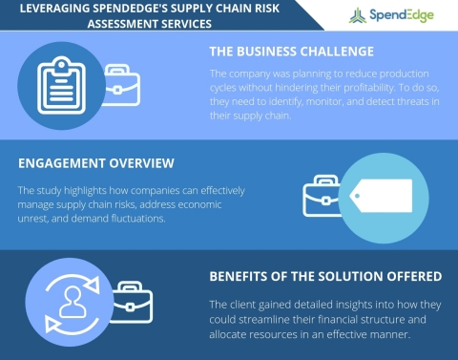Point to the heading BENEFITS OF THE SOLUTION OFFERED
pos(324,277)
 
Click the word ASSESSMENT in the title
pos(131,26)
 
